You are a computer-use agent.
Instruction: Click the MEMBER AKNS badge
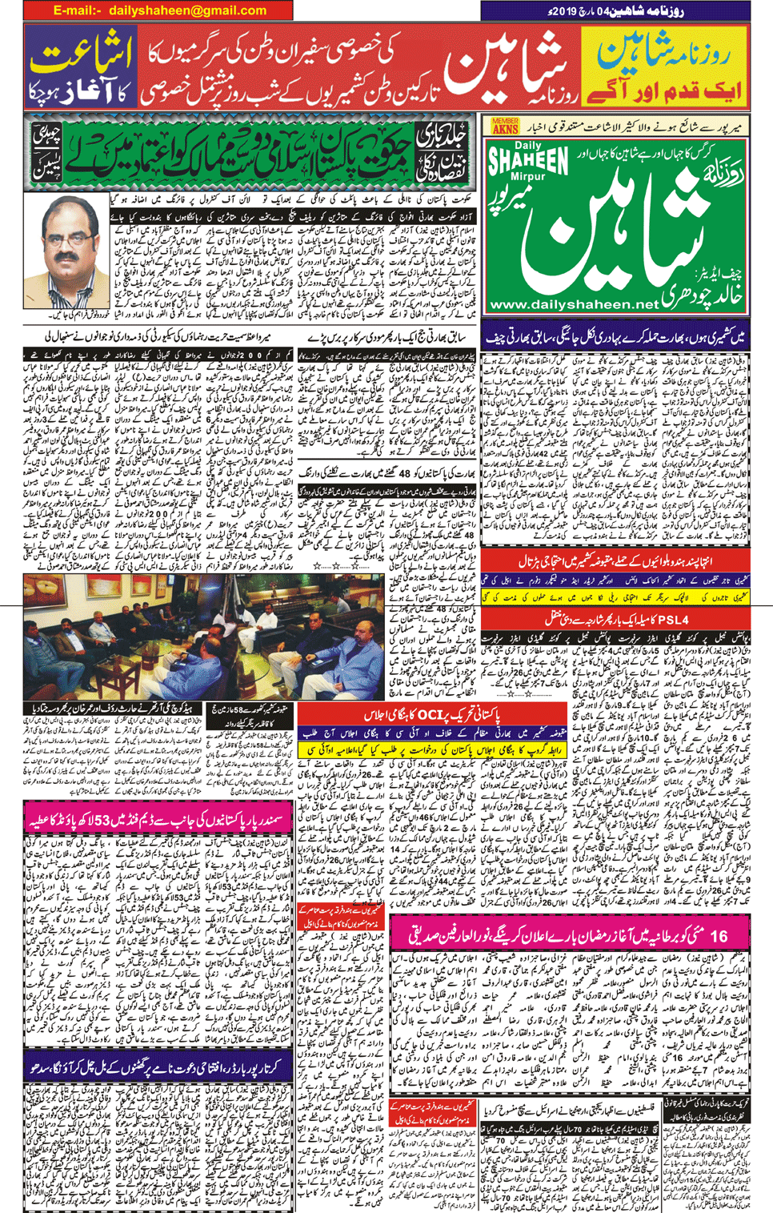pos(505,126)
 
